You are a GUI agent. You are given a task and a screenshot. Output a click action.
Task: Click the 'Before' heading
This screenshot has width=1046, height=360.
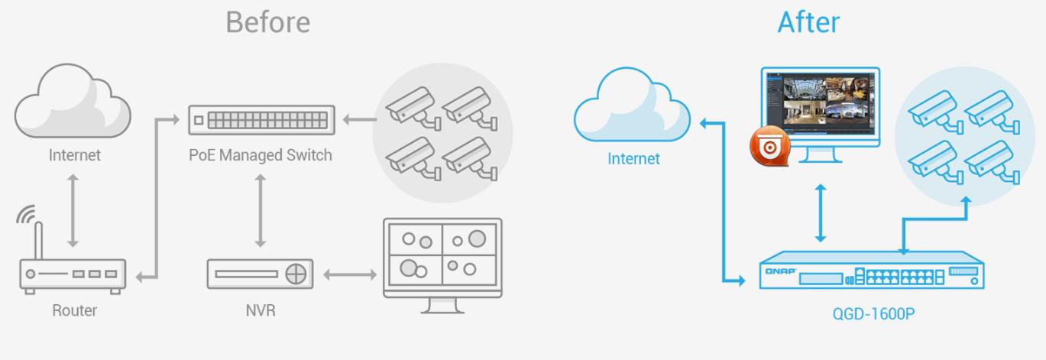[x=268, y=22]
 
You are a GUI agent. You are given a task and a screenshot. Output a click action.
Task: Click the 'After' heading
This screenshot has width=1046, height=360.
[x=809, y=22]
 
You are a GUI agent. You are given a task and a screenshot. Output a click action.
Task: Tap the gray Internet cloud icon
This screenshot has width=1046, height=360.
[x=73, y=101]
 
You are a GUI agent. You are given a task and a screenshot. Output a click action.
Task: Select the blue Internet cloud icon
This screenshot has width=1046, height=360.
[x=633, y=104]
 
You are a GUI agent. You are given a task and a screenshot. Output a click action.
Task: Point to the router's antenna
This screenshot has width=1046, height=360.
[x=39, y=240]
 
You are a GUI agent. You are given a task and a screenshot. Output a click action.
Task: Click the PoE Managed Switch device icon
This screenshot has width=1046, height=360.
[x=261, y=120]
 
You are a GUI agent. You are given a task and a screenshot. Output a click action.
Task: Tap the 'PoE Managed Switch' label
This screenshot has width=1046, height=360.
[x=261, y=155]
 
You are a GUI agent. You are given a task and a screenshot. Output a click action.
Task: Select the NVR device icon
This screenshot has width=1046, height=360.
[x=260, y=274]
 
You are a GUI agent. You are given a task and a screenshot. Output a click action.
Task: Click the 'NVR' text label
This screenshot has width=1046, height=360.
[x=261, y=310]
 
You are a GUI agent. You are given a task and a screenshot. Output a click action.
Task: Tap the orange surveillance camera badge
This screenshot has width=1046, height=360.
[x=770, y=146]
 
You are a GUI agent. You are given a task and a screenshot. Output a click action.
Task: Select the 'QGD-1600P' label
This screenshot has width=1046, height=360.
[x=873, y=314]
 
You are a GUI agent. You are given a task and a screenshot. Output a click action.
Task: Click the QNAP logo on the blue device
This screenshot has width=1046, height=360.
[x=780, y=271]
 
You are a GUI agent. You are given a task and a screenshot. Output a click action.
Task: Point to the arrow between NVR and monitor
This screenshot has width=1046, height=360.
[x=350, y=274]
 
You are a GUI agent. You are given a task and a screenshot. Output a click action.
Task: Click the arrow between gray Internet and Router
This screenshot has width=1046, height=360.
[x=73, y=211]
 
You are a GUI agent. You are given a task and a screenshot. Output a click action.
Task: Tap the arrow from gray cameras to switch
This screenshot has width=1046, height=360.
[x=360, y=119]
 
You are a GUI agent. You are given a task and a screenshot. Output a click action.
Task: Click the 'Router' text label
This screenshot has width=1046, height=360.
[x=75, y=310]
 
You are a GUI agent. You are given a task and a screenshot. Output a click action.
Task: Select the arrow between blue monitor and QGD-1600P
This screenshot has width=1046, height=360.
[x=821, y=213]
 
